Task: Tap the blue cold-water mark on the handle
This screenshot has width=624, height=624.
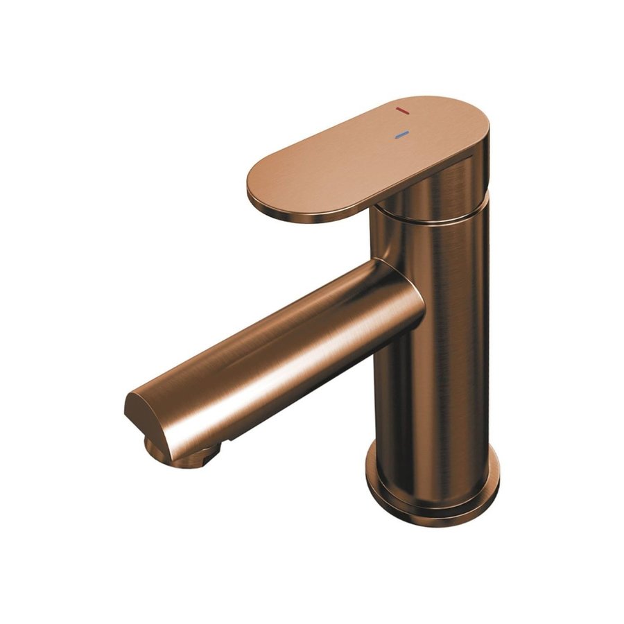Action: click(401, 135)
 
